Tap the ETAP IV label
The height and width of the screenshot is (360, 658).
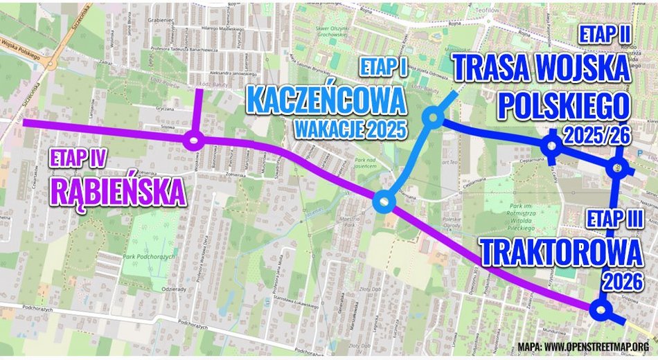[77, 159]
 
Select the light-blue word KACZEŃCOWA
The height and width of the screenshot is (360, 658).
[326, 100]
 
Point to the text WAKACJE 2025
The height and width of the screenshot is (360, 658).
[349, 129]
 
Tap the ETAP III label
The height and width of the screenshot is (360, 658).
[614, 219]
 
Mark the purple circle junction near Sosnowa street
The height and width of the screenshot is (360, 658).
[193, 142]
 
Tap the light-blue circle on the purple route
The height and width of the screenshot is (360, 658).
[383, 201]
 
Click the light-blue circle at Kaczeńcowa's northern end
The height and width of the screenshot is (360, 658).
[434, 118]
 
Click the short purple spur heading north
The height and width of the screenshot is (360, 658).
[199, 114]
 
